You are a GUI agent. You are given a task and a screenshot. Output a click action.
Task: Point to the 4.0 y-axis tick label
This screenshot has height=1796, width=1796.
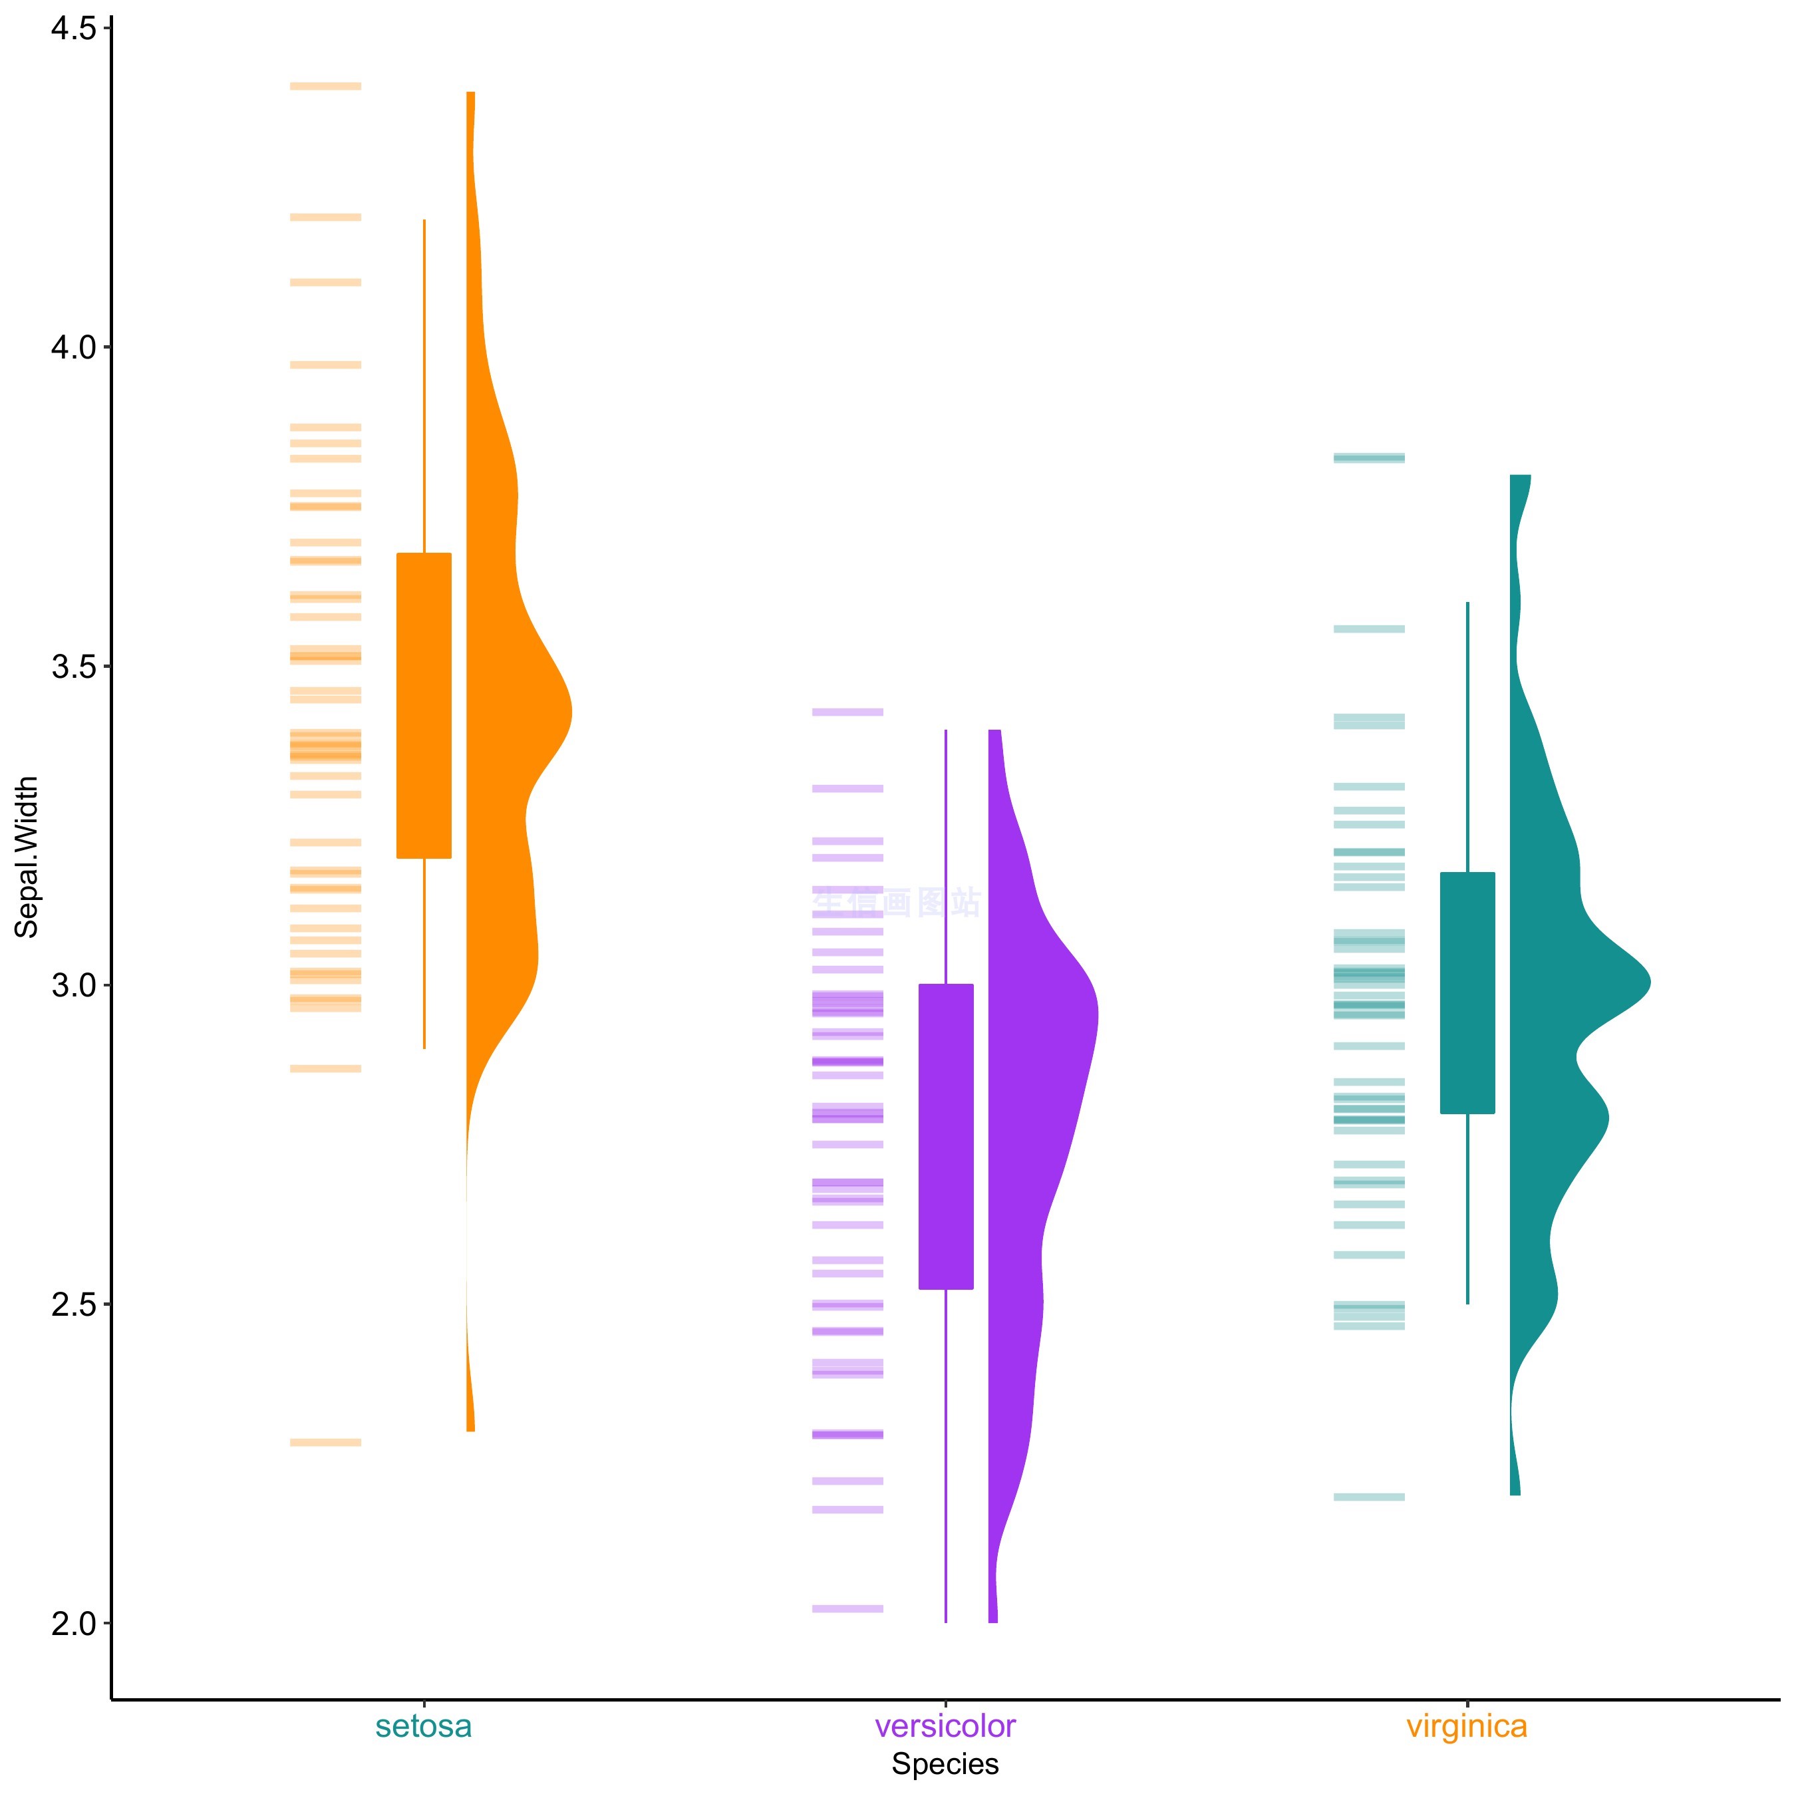click(73, 349)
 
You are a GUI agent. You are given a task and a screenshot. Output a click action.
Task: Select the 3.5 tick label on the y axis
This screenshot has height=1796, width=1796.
click(73, 667)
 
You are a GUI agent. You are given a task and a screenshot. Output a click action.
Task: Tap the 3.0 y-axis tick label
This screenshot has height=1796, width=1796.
click(73, 985)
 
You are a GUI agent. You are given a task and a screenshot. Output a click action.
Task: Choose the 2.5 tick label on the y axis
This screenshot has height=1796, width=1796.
click(73, 1304)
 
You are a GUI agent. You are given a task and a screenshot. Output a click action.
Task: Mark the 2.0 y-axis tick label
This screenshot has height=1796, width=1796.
click(73, 1623)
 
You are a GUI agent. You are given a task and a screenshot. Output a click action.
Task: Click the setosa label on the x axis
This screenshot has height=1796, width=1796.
click(424, 1726)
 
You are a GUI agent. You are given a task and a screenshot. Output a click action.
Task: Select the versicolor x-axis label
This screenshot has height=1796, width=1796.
click(945, 1726)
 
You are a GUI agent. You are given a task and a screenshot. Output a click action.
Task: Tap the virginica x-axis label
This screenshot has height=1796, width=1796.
click(1467, 1726)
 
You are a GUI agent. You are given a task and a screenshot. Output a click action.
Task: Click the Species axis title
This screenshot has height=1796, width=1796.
click(945, 1763)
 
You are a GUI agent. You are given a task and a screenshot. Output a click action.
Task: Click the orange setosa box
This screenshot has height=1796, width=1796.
click(424, 706)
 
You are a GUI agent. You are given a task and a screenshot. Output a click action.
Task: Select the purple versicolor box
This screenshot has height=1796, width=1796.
click(945, 1136)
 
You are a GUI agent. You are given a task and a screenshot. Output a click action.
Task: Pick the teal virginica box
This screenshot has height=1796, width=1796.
click(1467, 993)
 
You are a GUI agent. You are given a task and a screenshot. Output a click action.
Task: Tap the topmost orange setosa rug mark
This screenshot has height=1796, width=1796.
click(325, 86)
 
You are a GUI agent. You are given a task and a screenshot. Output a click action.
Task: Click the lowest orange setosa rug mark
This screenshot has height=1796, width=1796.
click(325, 1443)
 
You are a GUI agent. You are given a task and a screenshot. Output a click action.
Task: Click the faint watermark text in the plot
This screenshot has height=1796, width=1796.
click(897, 902)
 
